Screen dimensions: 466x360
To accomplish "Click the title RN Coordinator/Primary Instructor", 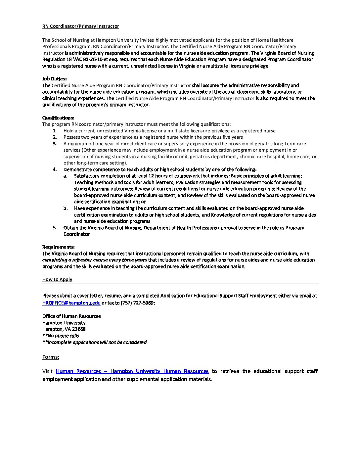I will [80, 26].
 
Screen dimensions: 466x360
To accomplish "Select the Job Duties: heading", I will [54, 79].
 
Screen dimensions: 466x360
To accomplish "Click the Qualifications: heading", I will [58, 118].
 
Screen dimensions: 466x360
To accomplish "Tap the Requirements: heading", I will [58, 247].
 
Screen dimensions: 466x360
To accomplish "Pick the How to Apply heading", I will [57, 279].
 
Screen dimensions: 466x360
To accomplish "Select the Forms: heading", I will [51, 357].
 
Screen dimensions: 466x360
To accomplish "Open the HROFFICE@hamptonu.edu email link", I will [71, 303].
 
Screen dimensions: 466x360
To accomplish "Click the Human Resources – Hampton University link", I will [132, 371].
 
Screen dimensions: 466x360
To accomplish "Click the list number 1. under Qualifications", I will [55, 131].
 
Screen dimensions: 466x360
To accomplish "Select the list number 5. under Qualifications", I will [55, 228].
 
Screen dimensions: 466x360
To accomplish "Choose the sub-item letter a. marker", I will [66, 176].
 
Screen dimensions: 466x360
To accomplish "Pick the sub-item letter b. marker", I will [66, 209].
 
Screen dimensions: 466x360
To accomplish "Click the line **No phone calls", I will [61, 336].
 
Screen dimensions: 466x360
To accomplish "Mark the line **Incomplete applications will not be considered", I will [94, 342].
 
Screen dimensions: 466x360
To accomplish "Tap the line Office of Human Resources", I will [71, 316].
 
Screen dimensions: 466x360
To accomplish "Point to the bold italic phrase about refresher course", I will [95, 260].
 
